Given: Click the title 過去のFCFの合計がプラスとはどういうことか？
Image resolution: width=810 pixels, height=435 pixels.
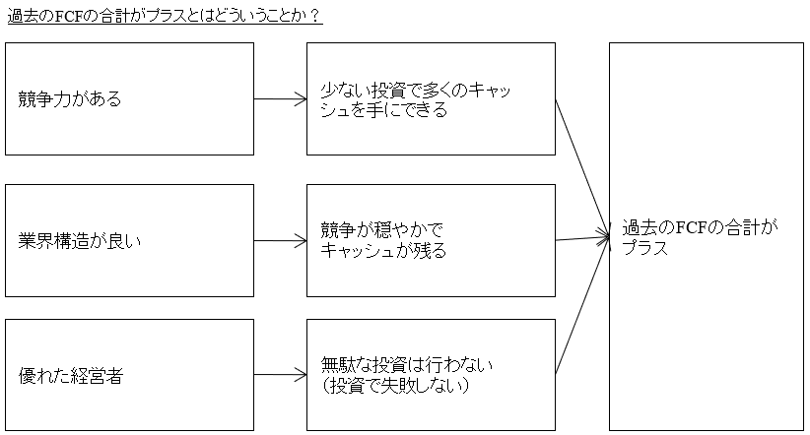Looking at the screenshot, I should [x=165, y=18].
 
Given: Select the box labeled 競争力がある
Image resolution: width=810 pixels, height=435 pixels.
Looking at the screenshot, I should [x=129, y=99].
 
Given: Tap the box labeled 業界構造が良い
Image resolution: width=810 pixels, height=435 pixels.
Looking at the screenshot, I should [x=129, y=240].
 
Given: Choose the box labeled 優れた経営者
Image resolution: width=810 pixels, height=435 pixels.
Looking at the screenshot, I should [x=129, y=375].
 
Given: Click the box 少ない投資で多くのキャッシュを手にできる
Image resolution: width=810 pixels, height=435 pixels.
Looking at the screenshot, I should [x=431, y=99].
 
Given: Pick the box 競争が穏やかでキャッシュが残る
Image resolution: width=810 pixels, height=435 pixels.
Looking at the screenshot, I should [x=431, y=240].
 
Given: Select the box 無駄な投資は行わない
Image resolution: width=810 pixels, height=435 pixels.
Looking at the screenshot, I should [x=431, y=375].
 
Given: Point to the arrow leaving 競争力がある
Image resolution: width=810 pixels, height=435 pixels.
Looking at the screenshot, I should [x=280, y=99].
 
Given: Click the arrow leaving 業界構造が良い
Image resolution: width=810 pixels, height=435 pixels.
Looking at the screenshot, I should [x=280, y=240].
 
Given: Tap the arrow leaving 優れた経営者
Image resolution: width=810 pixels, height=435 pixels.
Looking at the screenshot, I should [x=280, y=375].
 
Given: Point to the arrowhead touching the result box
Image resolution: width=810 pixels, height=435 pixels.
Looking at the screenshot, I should [x=604, y=236].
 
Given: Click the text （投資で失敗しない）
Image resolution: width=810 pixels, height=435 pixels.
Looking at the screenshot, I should [x=395, y=386].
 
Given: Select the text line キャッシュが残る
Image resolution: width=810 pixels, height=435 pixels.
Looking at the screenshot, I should [x=383, y=251].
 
